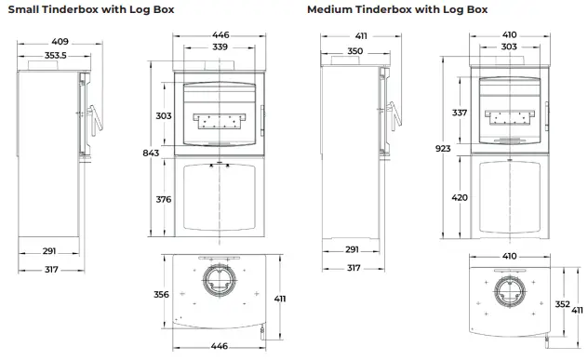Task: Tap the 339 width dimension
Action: (220, 47)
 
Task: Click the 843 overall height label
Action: (152, 153)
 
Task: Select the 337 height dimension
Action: (460, 113)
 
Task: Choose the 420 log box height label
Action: (460, 197)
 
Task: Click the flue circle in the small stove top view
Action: (220, 282)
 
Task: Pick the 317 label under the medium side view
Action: (354, 268)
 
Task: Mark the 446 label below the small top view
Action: (219, 346)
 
